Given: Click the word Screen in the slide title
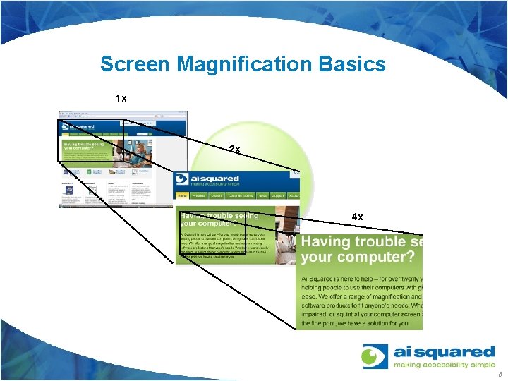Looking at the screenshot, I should [x=135, y=64].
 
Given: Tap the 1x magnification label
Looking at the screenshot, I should [x=121, y=99].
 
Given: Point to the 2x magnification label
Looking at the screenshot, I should [x=235, y=149].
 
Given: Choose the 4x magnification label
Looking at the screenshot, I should [x=357, y=217].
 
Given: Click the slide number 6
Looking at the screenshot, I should [x=499, y=375].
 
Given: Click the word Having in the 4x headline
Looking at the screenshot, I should [x=326, y=242].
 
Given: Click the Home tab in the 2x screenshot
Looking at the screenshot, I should [x=182, y=195].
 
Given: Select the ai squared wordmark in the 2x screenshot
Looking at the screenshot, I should [x=215, y=179].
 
